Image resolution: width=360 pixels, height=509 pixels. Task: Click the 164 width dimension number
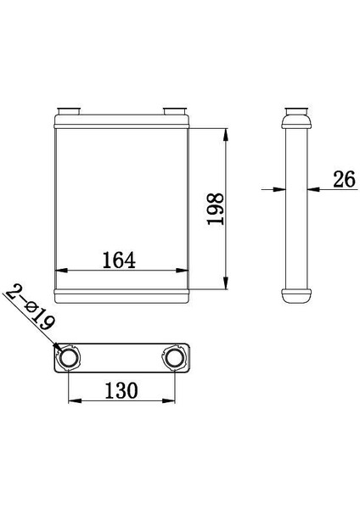coord(119,260)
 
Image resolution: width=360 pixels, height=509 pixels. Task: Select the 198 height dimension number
coord(216,209)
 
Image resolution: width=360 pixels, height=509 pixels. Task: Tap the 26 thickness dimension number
coord(344,179)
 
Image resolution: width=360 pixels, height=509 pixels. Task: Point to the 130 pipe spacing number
coord(121,390)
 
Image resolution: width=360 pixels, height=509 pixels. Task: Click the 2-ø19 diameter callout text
coord(30,307)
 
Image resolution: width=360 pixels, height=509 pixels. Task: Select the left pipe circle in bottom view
coord(69,357)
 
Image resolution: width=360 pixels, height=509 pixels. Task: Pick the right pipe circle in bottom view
coord(175,357)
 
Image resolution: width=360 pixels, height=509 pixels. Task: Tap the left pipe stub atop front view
coord(68,110)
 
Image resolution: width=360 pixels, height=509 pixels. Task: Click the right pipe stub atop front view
coord(175,110)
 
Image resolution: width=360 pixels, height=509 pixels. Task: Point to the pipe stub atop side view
coord(296,111)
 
